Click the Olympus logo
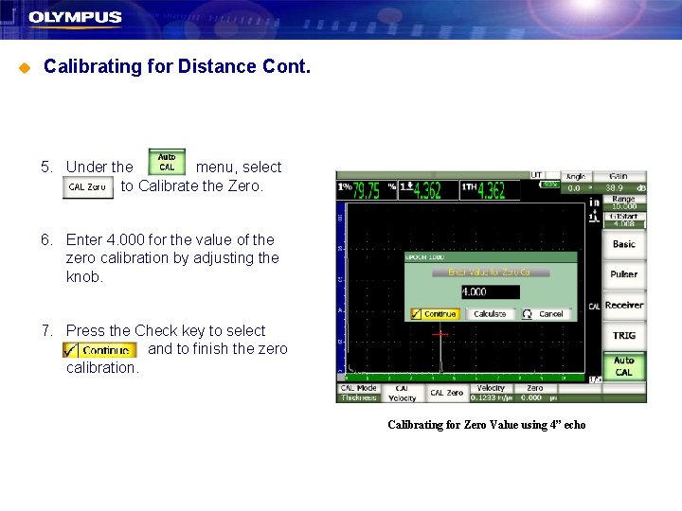[x=75, y=17]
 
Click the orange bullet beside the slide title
[x=26, y=67]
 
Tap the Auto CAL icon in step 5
[x=167, y=162]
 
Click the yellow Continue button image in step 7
[x=99, y=350]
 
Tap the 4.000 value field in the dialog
[x=490, y=292]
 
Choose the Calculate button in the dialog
[x=490, y=314]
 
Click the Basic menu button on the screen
[x=624, y=244]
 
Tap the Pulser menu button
[x=624, y=274]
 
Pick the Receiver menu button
[x=624, y=305]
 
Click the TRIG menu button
[x=624, y=335]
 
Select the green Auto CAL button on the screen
[x=624, y=366]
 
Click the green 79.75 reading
[x=362, y=190]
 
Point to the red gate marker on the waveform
[x=440, y=334]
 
